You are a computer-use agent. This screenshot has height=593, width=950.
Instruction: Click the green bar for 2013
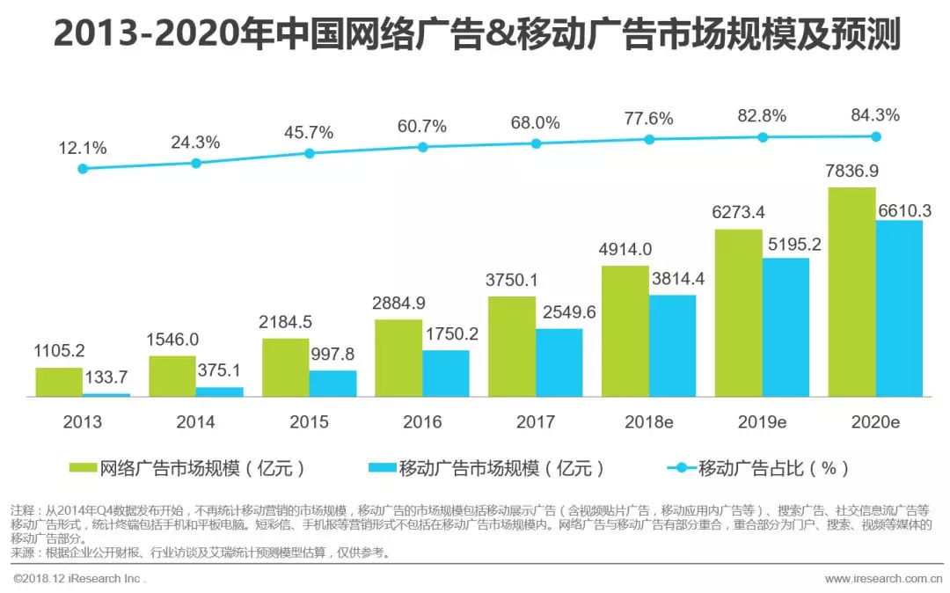pyautogui.click(x=59, y=382)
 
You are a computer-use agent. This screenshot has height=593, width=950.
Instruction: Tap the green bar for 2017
pyautogui.click(x=512, y=347)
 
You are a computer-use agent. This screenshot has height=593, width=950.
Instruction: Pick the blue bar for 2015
pyautogui.click(x=332, y=384)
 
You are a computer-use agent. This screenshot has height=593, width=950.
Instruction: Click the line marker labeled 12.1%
pyautogui.click(x=83, y=168)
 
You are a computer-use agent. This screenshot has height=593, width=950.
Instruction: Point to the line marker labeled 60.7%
pyautogui.click(x=422, y=147)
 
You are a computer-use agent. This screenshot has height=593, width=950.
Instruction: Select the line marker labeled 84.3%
pyautogui.click(x=875, y=136)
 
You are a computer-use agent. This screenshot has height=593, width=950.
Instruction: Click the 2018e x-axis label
pyautogui.click(x=648, y=422)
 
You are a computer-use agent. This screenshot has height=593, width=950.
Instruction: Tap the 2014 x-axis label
pyautogui.click(x=195, y=422)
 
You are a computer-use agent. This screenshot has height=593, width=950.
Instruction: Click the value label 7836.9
pyautogui.click(x=851, y=172)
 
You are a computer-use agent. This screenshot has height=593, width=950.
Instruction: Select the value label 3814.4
pyautogui.click(x=673, y=281)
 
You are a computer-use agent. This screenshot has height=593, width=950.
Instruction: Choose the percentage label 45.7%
pyautogui.click(x=309, y=133)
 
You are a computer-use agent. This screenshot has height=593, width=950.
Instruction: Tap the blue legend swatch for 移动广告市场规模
pyautogui.click(x=383, y=468)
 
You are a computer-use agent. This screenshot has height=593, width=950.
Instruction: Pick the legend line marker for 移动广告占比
pyautogui.click(x=682, y=468)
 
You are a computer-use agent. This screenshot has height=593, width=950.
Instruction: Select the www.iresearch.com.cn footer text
pyautogui.click(x=883, y=578)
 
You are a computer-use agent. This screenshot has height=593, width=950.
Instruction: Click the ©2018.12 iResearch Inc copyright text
pyautogui.click(x=79, y=578)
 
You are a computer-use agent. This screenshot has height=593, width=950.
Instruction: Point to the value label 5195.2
pyautogui.click(x=786, y=245)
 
